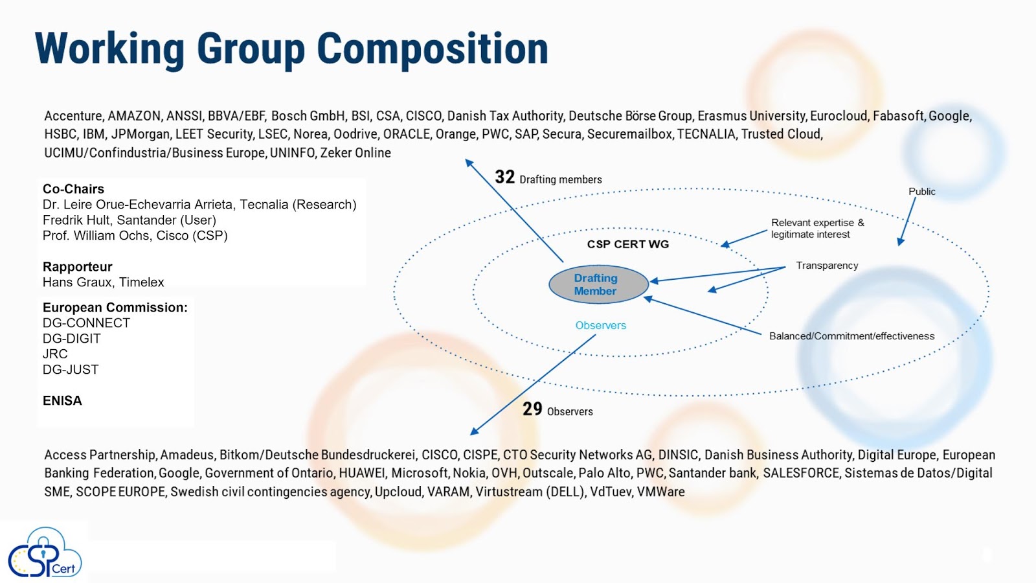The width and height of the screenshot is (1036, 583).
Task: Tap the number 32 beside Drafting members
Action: [504, 177]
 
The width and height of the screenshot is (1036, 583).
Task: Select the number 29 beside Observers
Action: [532, 409]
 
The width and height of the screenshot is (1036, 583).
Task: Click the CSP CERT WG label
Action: [627, 244]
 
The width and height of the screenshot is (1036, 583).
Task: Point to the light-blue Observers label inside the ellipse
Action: [600, 325]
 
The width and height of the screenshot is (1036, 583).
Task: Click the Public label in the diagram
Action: [921, 192]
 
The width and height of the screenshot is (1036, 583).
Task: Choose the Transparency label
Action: [827, 266]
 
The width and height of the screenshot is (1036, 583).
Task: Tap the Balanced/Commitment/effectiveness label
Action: [851, 336]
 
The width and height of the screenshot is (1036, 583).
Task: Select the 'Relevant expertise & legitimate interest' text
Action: [817, 229]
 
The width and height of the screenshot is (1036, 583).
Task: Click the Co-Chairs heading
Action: [73, 189]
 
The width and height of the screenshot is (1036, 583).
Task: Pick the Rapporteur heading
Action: [77, 267]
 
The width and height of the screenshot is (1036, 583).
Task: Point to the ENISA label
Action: [62, 401]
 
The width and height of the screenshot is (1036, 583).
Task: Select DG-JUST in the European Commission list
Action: [71, 370]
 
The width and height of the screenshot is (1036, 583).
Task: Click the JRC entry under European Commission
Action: [55, 354]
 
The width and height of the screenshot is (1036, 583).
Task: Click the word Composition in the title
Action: [432, 49]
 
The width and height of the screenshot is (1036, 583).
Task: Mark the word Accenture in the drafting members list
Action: [73, 116]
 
